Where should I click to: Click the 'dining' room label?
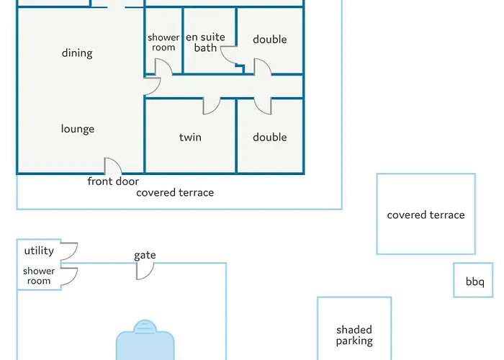click(x=77, y=53)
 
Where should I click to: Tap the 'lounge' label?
click(x=78, y=129)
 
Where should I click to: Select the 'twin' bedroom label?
click(x=190, y=138)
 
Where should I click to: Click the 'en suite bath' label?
click(x=205, y=42)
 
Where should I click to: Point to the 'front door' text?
click(x=113, y=181)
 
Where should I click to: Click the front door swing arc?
click(x=117, y=162)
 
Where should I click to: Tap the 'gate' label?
click(x=145, y=255)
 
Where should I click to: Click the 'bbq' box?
click(x=473, y=280)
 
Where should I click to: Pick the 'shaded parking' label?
click(x=354, y=336)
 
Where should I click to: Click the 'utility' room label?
click(x=39, y=251)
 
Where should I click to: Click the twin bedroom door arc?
click(x=216, y=109)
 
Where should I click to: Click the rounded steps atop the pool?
click(x=145, y=325)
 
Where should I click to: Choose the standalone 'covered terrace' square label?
click(x=426, y=215)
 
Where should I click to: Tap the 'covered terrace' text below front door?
click(x=175, y=192)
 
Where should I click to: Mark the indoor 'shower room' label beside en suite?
click(x=163, y=42)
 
